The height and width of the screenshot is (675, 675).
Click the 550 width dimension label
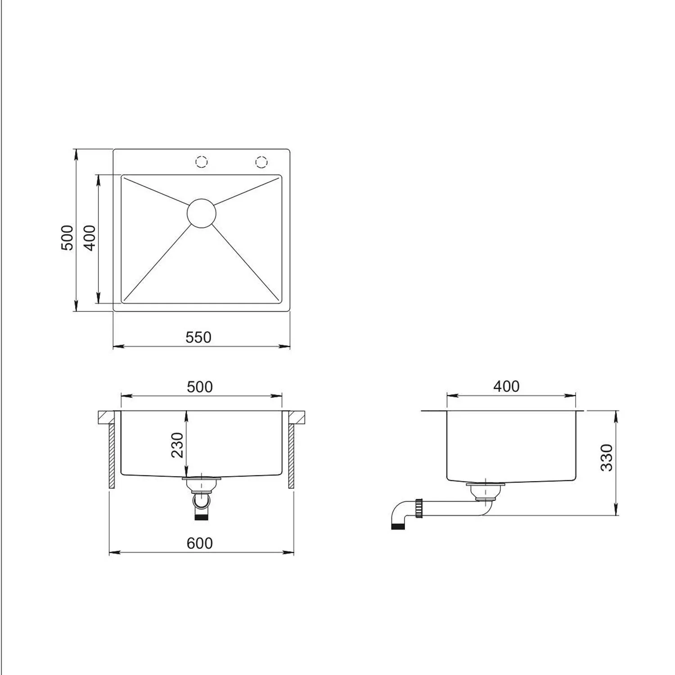point(198,337)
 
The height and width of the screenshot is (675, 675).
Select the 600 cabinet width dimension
point(199,543)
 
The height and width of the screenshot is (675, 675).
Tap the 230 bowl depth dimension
point(177,445)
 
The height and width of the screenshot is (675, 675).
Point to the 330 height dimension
point(607,457)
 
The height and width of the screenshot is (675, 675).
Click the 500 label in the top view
point(67,238)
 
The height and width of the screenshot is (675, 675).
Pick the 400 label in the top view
point(90,238)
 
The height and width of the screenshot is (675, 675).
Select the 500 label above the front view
point(199,387)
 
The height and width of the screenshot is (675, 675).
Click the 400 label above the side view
point(506,386)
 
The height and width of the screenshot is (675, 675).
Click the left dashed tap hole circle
point(202,161)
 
